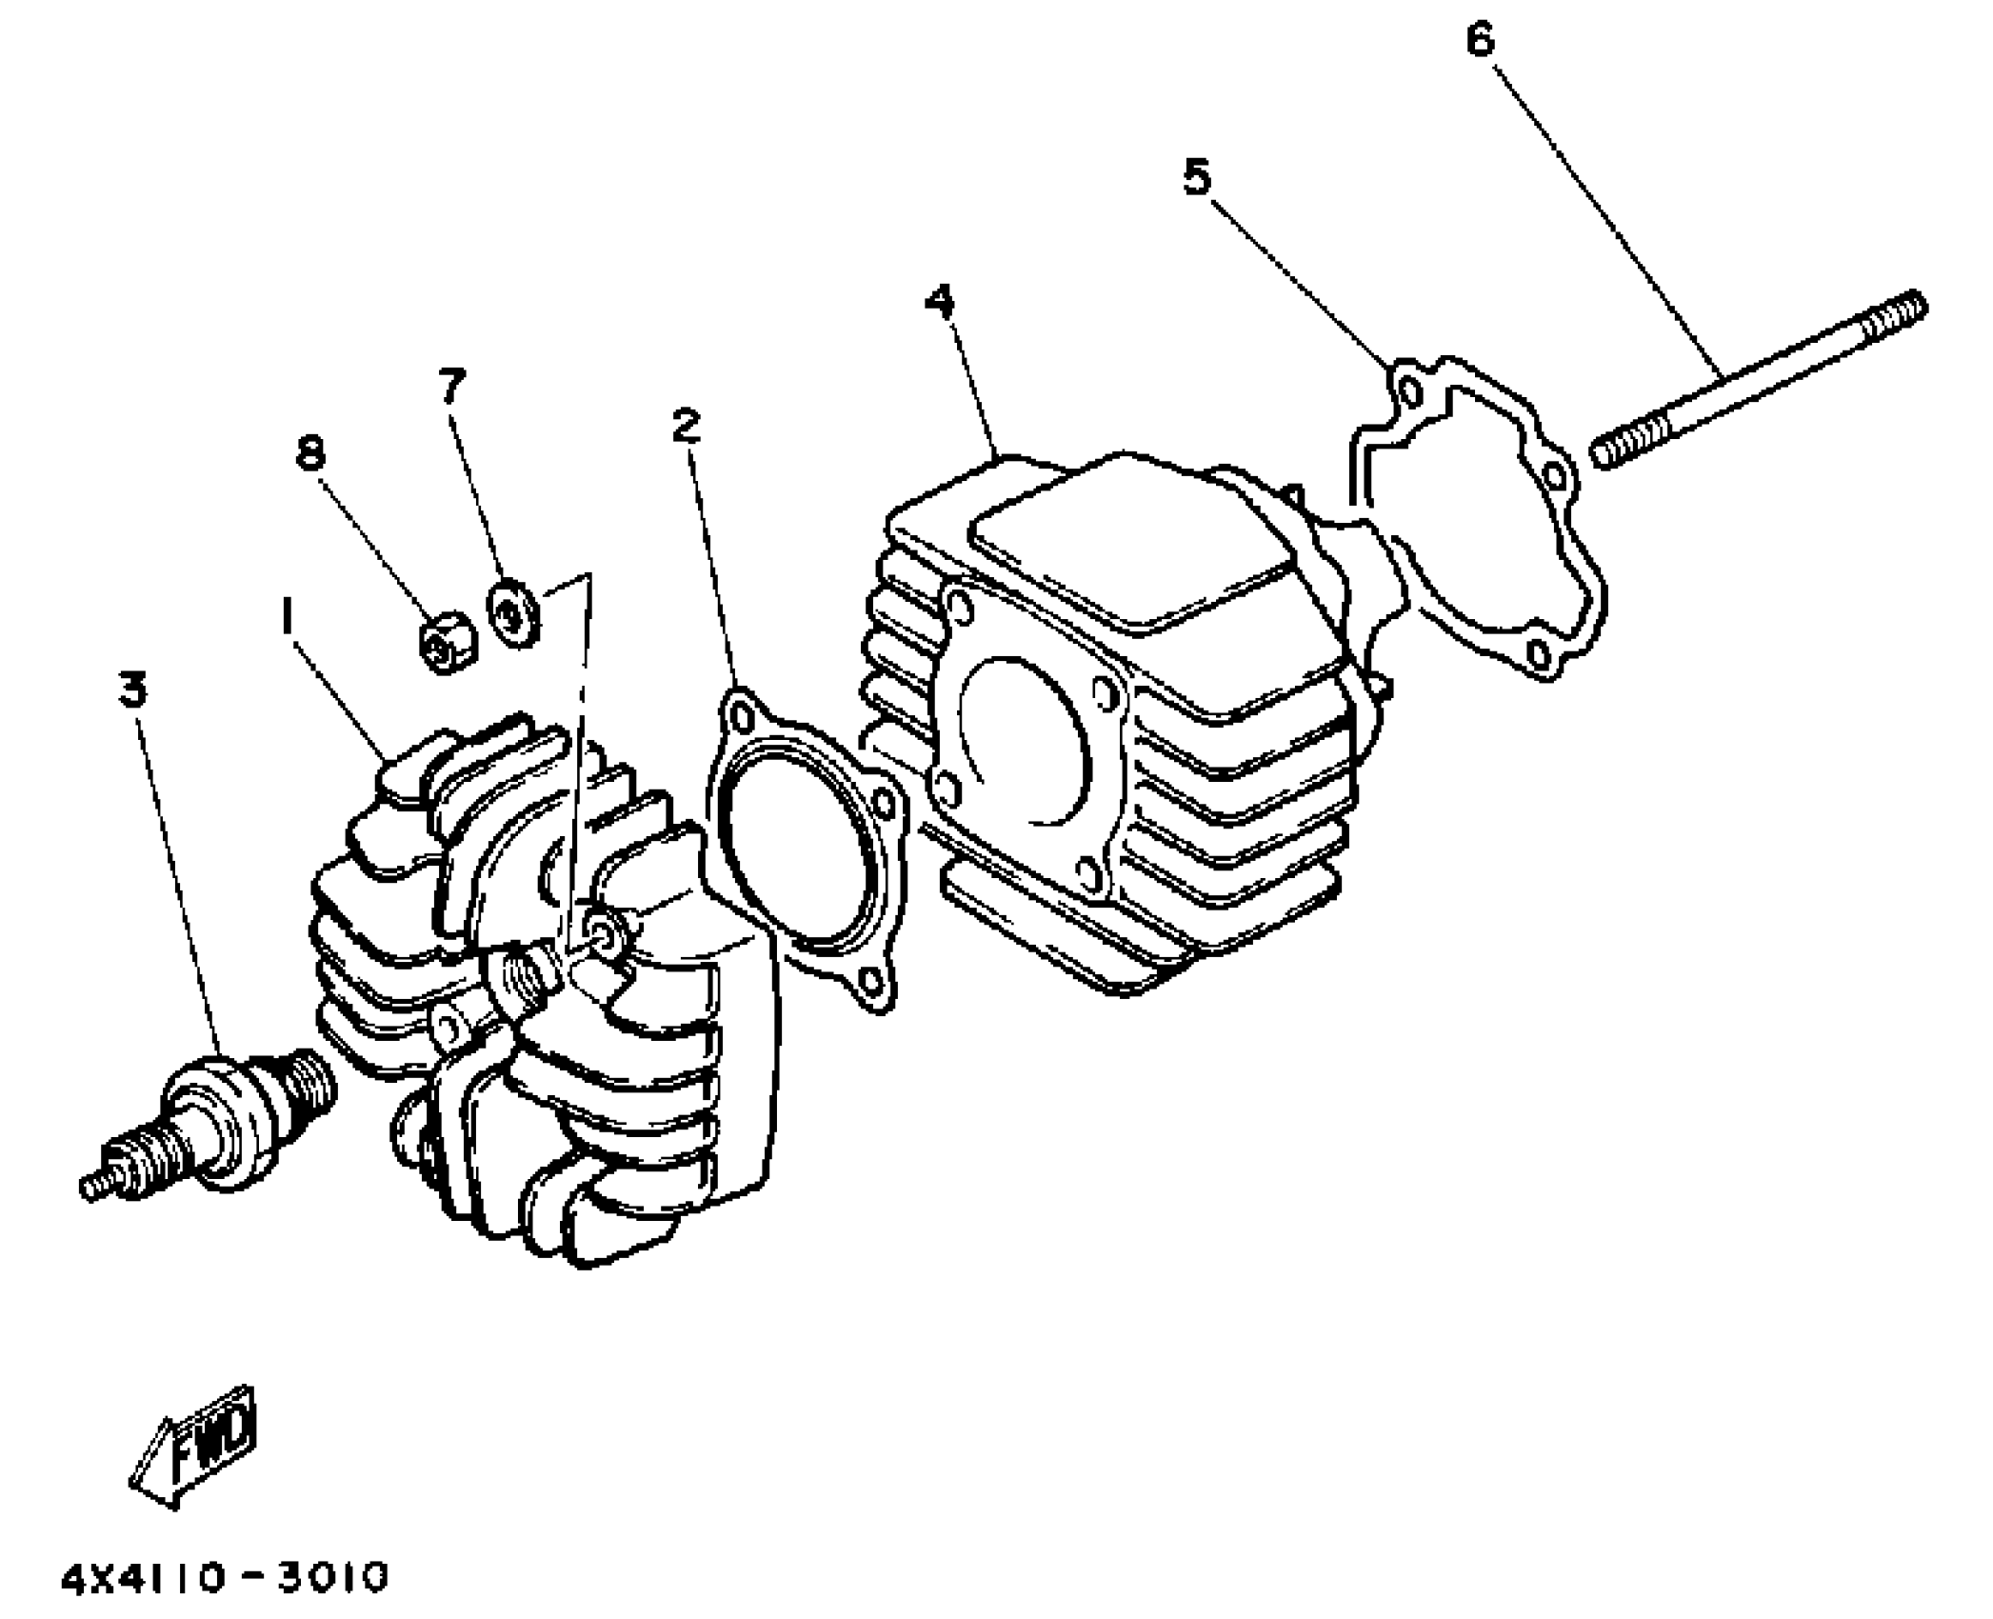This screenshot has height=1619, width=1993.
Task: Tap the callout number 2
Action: (686, 426)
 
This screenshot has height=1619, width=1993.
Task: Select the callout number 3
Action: (133, 689)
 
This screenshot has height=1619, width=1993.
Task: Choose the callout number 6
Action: (1480, 41)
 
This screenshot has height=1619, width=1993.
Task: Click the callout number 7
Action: (452, 386)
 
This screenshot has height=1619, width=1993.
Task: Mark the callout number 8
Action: (310, 452)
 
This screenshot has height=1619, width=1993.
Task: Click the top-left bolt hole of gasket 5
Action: (1411, 390)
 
